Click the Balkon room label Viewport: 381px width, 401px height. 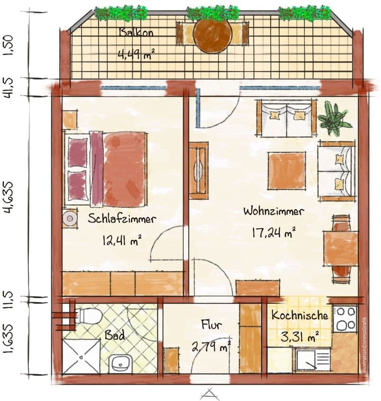click(x=136, y=33)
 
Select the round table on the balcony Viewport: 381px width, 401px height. click(x=212, y=35)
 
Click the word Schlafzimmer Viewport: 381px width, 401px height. click(x=122, y=219)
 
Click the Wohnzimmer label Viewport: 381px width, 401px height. click(x=274, y=211)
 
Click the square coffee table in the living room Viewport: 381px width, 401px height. click(x=286, y=171)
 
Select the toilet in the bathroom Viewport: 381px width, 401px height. click(x=89, y=316)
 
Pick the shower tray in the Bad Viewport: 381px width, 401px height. click(x=81, y=356)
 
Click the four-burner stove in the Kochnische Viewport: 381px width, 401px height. click(x=345, y=318)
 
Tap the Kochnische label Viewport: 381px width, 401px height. click(x=300, y=316)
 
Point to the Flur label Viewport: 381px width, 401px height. click(x=212, y=326)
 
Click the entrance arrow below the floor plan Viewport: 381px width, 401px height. click(x=210, y=393)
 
